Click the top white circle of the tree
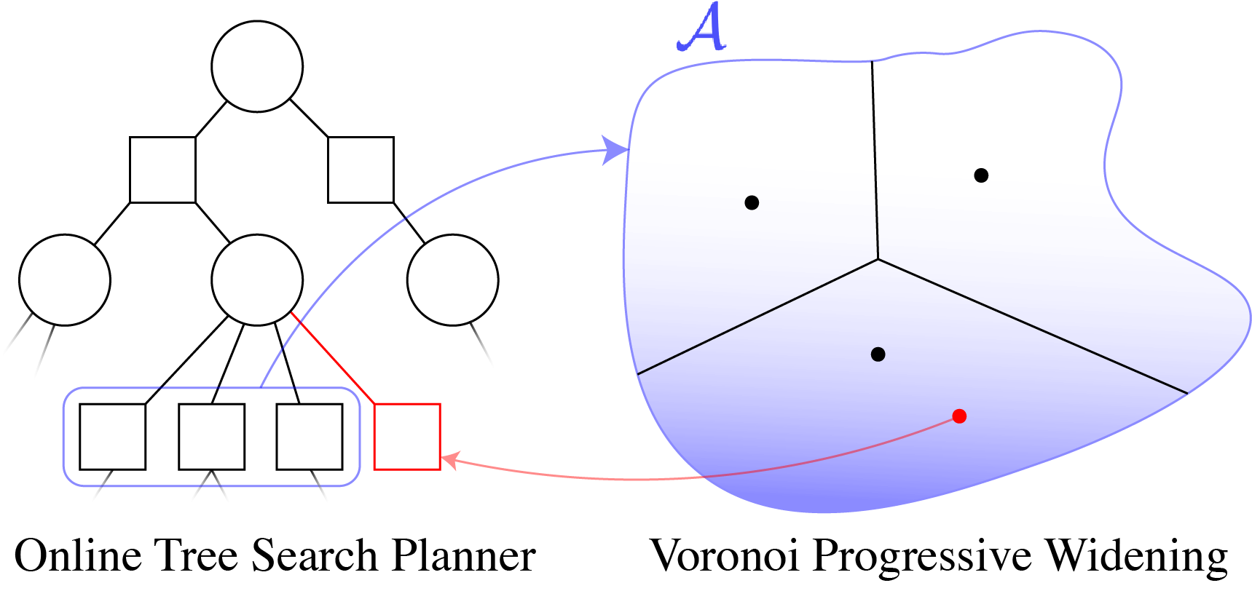(257, 66)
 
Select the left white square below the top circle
(162, 170)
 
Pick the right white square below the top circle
(361, 170)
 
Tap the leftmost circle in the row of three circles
(65, 279)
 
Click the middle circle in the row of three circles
(257, 279)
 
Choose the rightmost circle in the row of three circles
(452, 279)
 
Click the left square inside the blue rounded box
(112, 437)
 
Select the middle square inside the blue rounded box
(211, 437)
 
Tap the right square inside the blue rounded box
(309, 437)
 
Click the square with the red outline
(407, 437)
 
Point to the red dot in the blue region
(959, 416)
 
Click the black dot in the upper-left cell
(752, 202)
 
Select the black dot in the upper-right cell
(981, 175)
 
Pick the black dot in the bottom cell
(878, 354)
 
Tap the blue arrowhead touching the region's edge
(617, 151)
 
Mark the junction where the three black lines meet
(878, 258)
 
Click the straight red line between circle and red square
(333, 358)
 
